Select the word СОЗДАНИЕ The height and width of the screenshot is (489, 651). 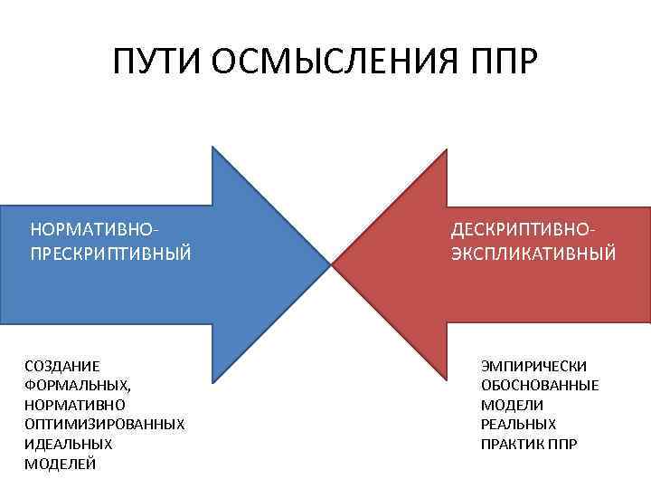coord(62,366)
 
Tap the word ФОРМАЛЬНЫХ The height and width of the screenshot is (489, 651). coord(77,385)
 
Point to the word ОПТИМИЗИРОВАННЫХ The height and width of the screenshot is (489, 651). coord(104,424)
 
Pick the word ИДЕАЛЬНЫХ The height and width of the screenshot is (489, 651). coord(68,444)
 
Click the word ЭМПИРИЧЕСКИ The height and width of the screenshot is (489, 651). coord(533,366)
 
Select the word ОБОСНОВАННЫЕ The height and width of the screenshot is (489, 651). coord(540,385)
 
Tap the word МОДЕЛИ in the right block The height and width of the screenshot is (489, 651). coord(512,405)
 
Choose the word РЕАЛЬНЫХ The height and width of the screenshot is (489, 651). coord(518,424)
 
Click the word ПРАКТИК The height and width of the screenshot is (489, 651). coord(514,444)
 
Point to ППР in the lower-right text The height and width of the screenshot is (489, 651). coord(563,444)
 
